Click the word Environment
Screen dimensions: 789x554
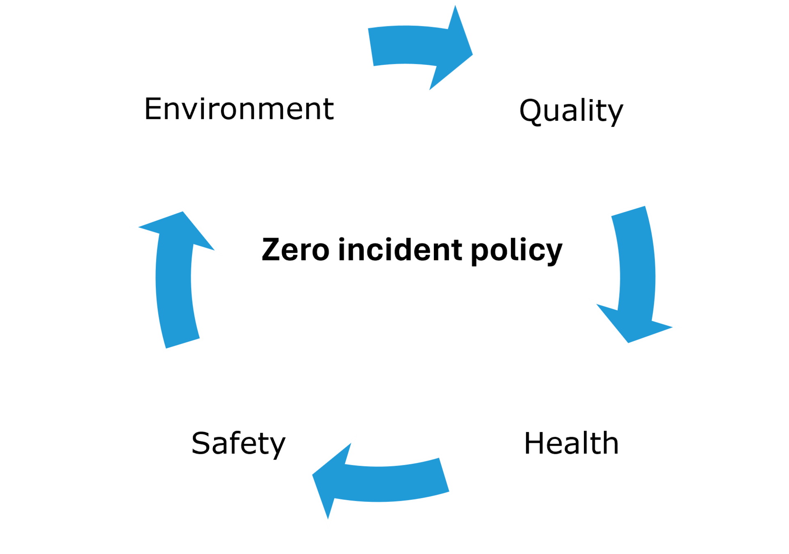[239, 109]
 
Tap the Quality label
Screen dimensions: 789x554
[571, 111]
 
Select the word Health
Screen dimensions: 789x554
[571, 444]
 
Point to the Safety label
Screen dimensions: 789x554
[238, 444]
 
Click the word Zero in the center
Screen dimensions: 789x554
[295, 250]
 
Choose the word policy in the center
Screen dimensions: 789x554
[516, 251]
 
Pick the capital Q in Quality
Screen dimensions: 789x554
[531, 111]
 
